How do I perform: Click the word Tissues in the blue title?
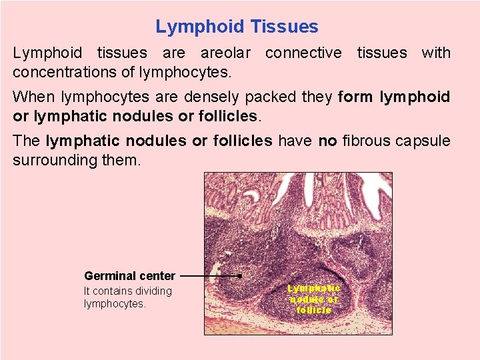pyautogui.click(x=284, y=27)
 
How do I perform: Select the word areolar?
pyautogui.click(x=226, y=53)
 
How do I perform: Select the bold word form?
pyautogui.click(x=357, y=97)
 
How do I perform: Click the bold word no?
pyautogui.click(x=326, y=141)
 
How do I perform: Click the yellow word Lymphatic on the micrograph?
pyautogui.click(x=314, y=288)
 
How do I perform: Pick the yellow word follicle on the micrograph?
pyautogui.click(x=314, y=310)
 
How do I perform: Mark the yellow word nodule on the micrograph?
pyautogui.click(x=306, y=299)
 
